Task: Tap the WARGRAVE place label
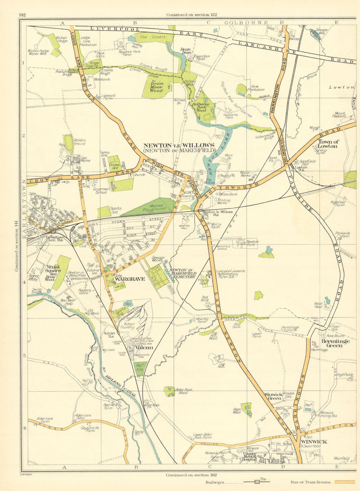click(130, 279)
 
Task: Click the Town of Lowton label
click(328, 144)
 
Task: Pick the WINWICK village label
click(314, 441)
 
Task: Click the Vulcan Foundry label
click(129, 326)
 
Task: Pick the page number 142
click(22, 15)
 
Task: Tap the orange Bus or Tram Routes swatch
click(345, 482)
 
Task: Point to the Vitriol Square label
click(53, 269)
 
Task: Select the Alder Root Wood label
click(183, 391)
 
